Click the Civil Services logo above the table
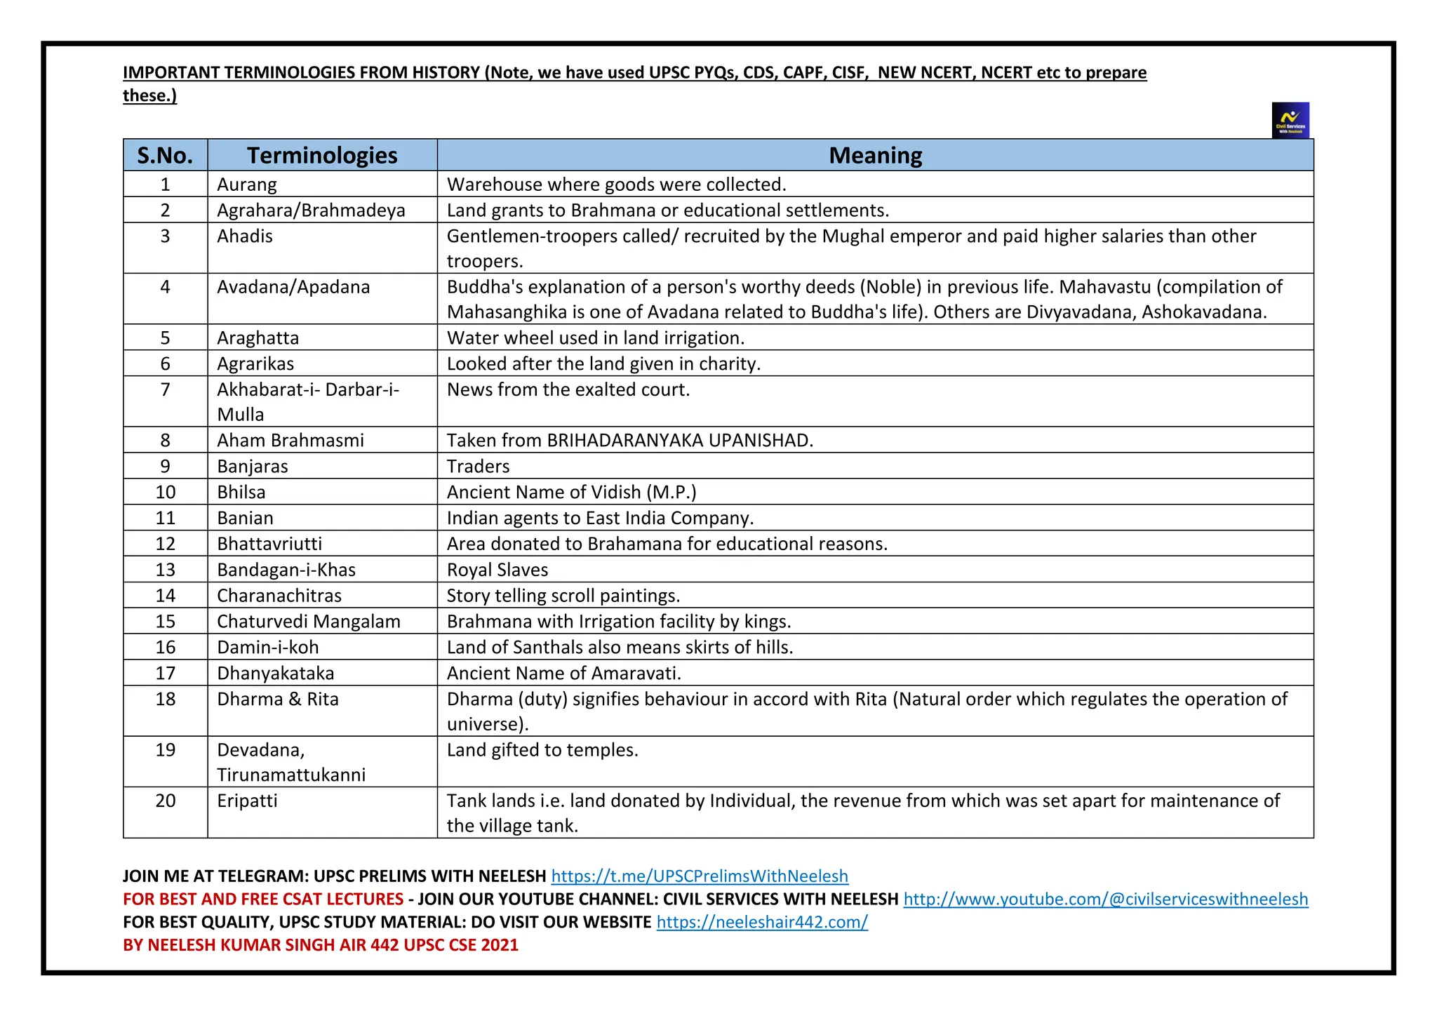pos(1290,121)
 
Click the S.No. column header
pos(165,155)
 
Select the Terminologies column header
pos(322,155)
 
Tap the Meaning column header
pos(875,155)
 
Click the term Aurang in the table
pos(247,185)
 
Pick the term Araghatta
pos(258,338)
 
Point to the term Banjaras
pos(253,467)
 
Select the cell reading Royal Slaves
pos(497,570)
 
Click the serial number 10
pos(165,493)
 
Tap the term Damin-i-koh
pos(267,647)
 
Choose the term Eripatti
pos(247,801)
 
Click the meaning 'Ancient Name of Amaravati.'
pos(564,674)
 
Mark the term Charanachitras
pos(279,596)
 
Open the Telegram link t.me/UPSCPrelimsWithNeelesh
pos(700,876)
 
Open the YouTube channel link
pos(1105,900)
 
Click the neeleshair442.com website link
pos(762,923)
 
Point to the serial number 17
pos(165,674)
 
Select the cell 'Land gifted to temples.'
pos(542,750)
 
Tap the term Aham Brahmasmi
pos(290,441)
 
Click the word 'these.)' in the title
pos(149,95)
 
